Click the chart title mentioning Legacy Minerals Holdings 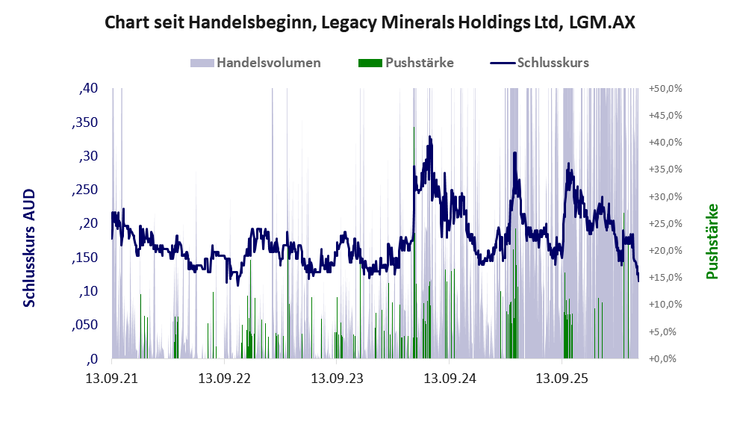[x=370, y=22]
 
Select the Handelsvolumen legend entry [x=255, y=63]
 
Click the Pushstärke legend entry [x=406, y=63]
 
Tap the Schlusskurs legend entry [x=539, y=63]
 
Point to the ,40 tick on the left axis [x=89, y=88]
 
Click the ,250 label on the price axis [x=85, y=190]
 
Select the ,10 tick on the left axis [x=89, y=290]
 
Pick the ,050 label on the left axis [x=85, y=325]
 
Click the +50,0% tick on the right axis [x=665, y=88]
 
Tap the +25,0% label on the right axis [x=665, y=223]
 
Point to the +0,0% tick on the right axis [x=662, y=359]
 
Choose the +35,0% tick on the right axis [x=665, y=169]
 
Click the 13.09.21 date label [x=112, y=379]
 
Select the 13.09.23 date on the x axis [x=337, y=379]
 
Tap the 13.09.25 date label [x=562, y=379]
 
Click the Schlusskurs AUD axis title [x=29, y=248]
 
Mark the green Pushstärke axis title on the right [x=712, y=241]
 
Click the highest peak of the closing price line [x=430, y=137]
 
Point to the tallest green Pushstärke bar [x=414, y=243]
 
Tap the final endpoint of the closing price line [x=638, y=281]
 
